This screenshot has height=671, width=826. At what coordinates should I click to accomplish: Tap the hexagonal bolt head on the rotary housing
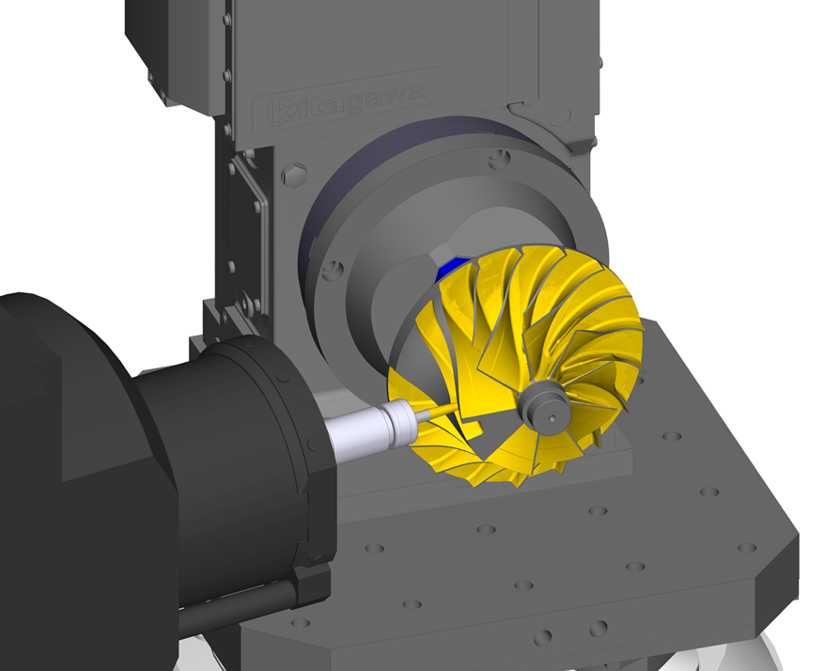coord(294,175)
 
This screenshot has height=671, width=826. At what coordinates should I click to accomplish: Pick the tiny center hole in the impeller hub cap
coord(552,419)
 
